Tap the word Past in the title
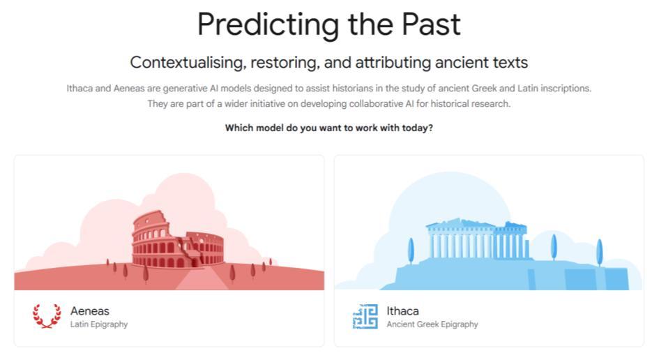coord(431,24)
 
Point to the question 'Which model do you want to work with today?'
coord(329,128)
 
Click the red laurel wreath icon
coord(47,316)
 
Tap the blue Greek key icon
coord(365,316)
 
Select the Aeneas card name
coord(90,310)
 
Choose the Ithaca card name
coord(402,310)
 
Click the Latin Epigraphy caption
coord(99,324)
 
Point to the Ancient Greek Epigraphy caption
coord(432,324)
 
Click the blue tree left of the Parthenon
coord(411,250)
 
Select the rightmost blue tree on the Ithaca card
coord(600,252)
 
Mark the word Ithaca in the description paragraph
coord(79,89)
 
